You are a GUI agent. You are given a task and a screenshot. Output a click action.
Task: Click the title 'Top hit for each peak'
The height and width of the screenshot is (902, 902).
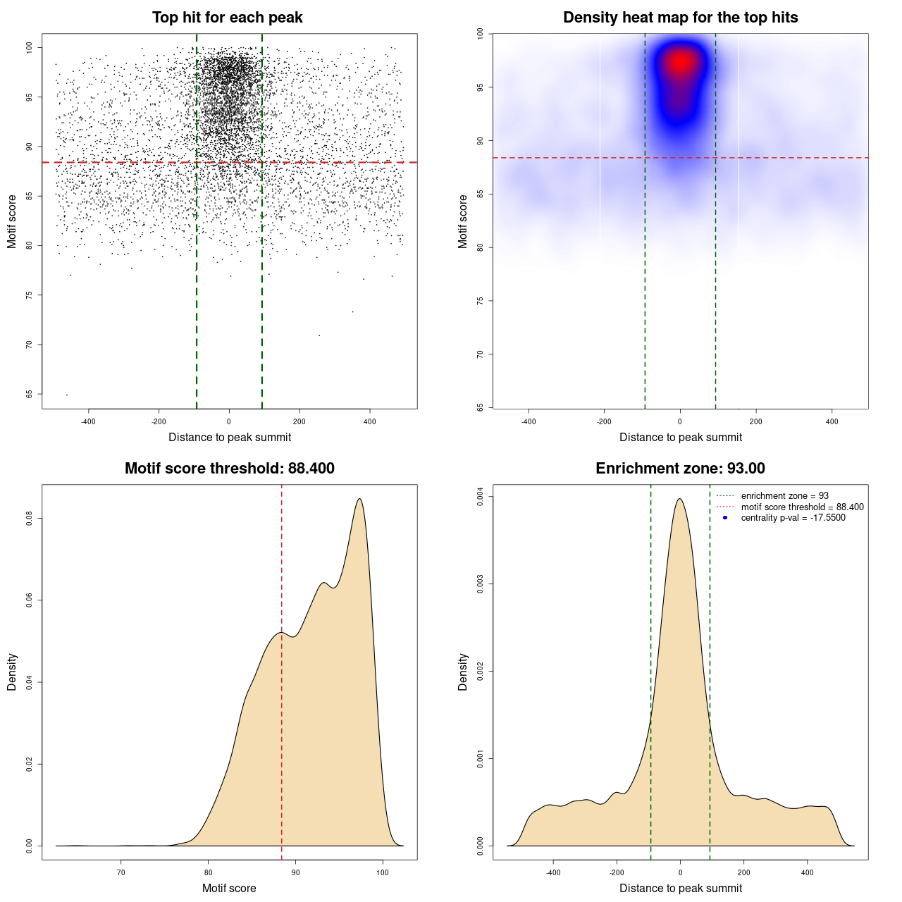click(x=227, y=18)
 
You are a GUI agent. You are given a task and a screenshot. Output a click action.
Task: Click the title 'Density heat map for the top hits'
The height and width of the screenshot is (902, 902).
click(x=680, y=18)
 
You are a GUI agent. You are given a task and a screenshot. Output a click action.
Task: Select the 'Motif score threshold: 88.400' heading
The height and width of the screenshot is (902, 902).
click(x=229, y=469)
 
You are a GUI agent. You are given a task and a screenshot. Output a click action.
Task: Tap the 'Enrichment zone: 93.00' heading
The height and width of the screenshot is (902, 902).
click(x=680, y=469)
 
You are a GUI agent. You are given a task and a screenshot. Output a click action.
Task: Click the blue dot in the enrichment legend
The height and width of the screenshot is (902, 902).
click(x=725, y=518)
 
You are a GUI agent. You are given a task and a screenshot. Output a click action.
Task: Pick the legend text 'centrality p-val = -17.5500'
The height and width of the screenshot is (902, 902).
click(x=793, y=518)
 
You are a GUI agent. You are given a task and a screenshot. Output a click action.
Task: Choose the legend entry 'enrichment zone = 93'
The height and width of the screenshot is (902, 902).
click(x=784, y=496)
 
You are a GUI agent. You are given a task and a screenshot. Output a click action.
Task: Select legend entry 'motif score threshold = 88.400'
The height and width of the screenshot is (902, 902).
click(x=802, y=507)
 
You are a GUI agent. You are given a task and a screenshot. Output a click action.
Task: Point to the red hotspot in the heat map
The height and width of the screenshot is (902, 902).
click(x=680, y=62)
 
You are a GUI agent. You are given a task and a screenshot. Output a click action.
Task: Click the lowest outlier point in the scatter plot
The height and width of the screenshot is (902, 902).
click(x=67, y=395)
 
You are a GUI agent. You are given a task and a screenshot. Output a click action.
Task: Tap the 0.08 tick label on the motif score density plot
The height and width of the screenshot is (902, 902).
click(x=29, y=519)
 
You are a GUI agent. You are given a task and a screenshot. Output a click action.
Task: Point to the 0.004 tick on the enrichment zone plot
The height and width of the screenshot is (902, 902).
click(x=480, y=497)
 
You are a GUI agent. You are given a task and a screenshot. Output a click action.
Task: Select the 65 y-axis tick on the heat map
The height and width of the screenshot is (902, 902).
click(x=480, y=407)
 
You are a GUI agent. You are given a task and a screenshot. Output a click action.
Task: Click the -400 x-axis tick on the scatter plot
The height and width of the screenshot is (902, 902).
click(x=88, y=421)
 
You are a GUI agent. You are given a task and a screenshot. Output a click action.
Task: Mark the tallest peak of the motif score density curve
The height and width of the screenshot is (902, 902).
click(x=360, y=499)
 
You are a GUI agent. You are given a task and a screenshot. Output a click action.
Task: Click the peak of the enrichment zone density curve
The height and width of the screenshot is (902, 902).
click(x=679, y=499)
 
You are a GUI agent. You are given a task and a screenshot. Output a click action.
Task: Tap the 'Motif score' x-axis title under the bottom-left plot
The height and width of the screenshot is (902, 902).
click(x=229, y=888)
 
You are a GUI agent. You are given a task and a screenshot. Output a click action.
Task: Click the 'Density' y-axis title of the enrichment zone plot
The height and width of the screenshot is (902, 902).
click(x=463, y=672)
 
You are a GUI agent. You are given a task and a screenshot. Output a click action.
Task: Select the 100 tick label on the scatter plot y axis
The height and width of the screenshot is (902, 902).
click(x=29, y=47)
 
